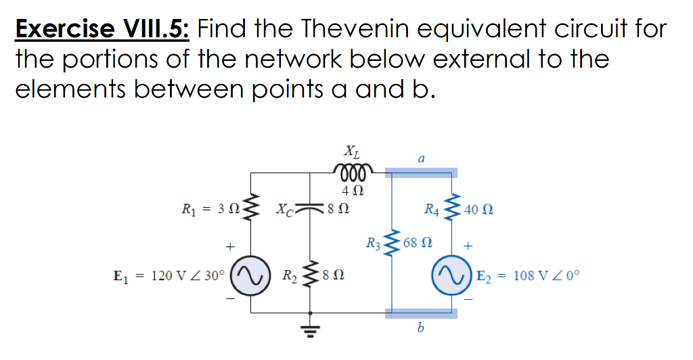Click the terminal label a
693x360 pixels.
pyautogui.click(x=421, y=159)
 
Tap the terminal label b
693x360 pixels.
pyautogui.click(x=420, y=329)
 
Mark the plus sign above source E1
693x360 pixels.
pyautogui.click(x=231, y=248)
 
